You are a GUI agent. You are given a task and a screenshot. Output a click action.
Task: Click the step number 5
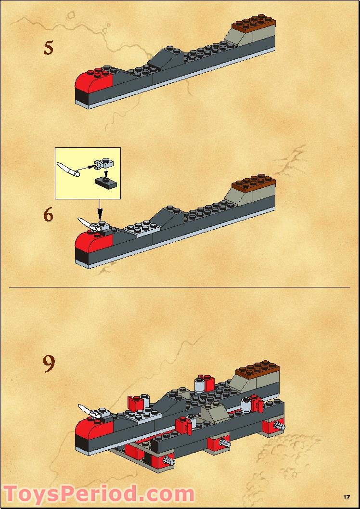(48, 48)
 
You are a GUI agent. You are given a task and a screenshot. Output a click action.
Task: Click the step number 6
(48, 215)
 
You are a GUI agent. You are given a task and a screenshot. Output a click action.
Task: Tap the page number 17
(346, 497)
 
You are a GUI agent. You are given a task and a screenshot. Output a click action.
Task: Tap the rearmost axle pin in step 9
(278, 425)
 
